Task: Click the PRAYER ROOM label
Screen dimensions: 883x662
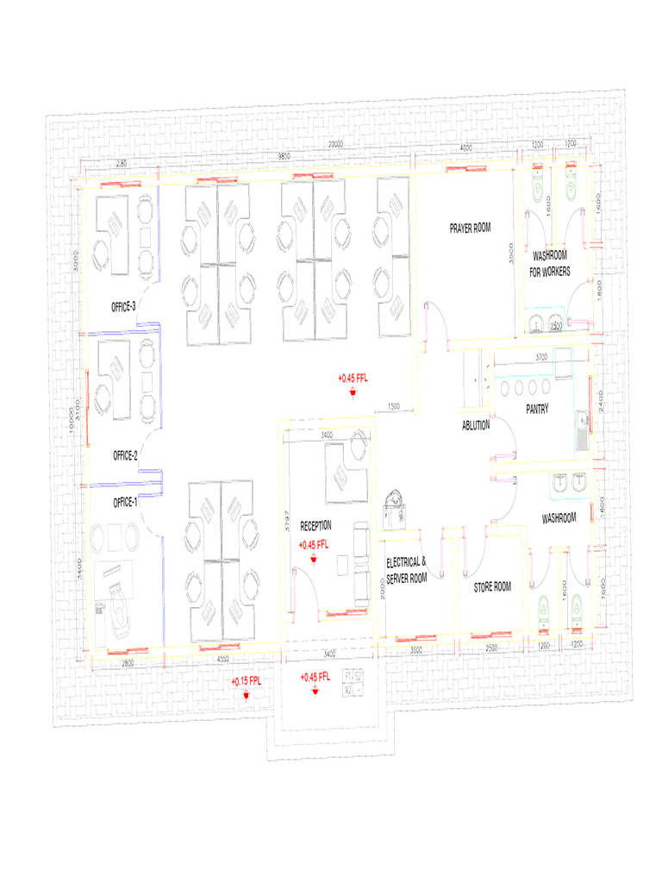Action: click(470, 229)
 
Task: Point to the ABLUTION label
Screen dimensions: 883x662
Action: click(476, 425)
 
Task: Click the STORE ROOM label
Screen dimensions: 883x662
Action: click(492, 586)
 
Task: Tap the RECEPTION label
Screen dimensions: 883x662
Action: click(315, 524)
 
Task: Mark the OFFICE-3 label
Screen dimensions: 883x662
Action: click(123, 306)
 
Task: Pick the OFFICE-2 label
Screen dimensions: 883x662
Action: click(125, 455)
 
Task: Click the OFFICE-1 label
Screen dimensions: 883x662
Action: click(125, 502)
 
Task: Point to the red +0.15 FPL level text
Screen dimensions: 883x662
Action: click(246, 681)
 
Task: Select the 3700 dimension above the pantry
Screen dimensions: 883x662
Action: click(541, 356)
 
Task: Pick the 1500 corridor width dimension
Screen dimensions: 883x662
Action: click(393, 405)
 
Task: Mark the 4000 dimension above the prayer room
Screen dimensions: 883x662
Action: click(466, 149)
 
